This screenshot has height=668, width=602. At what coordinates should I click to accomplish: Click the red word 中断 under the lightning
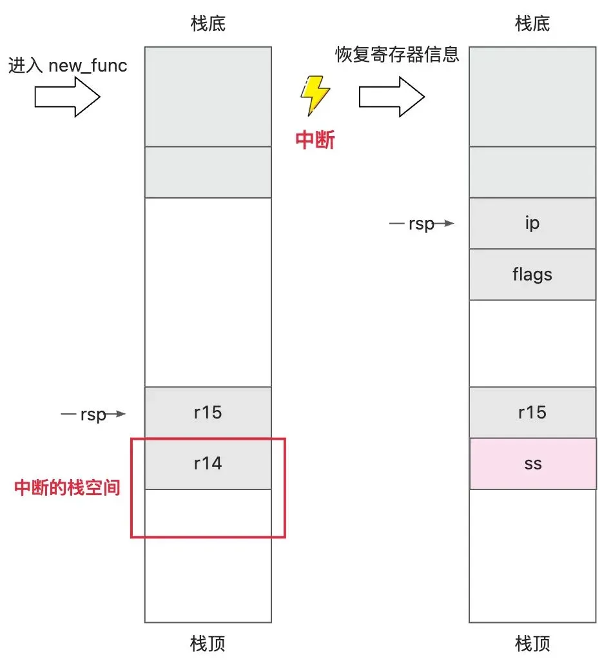click(x=315, y=140)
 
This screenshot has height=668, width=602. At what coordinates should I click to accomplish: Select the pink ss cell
click(x=532, y=464)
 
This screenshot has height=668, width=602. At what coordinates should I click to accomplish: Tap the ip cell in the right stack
click(x=532, y=223)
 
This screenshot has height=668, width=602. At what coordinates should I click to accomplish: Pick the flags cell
click(x=532, y=275)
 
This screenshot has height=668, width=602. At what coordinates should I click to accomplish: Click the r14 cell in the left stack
click(x=208, y=464)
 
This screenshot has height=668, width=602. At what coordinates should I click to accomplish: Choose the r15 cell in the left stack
click(x=208, y=413)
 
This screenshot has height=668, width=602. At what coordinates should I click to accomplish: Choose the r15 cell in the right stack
click(x=532, y=413)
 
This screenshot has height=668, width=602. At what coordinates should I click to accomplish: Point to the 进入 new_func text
click(x=68, y=66)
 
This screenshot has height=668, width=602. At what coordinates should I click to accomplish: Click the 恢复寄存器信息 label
click(x=397, y=54)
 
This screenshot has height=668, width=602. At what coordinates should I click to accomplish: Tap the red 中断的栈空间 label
click(x=67, y=488)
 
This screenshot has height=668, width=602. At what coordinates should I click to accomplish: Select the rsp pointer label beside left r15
click(x=93, y=415)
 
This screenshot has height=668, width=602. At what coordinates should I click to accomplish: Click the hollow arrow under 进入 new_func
click(x=67, y=97)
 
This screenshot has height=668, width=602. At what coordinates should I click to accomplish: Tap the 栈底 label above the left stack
click(x=208, y=25)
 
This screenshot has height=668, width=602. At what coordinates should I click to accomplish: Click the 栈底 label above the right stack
click(x=532, y=25)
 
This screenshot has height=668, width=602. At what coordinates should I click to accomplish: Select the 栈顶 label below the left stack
click(x=208, y=643)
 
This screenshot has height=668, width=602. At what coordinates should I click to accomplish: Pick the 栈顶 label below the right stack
click(x=532, y=643)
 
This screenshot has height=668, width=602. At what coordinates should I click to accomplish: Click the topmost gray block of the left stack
click(x=208, y=97)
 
